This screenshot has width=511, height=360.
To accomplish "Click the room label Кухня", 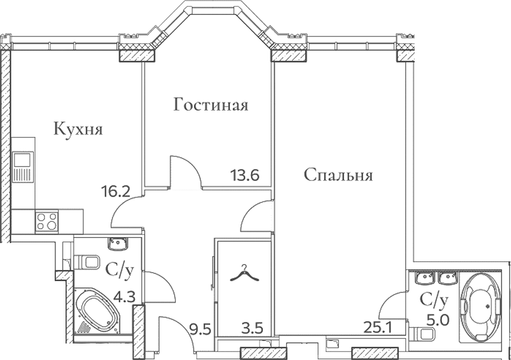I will click(x=78, y=130).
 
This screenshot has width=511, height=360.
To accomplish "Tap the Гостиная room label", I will click(x=211, y=106).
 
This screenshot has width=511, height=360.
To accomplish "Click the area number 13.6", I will click(x=245, y=175).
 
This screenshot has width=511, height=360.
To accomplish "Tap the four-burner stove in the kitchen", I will click(x=47, y=221).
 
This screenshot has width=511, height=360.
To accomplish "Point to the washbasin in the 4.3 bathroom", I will click(x=119, y=245).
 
